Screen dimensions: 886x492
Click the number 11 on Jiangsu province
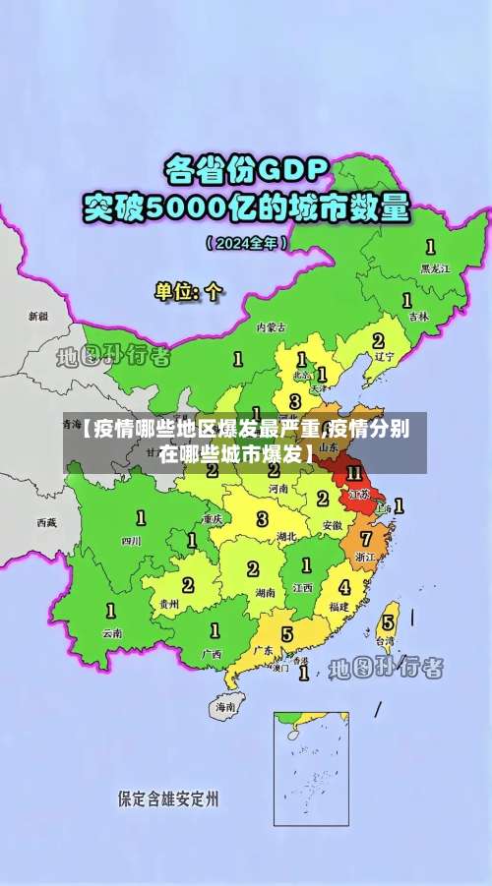coord(354,474)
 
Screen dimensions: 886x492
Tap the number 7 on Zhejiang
coord(366,539)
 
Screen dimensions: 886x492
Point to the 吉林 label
coord(419,317)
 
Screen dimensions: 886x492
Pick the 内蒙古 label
coord(271,326)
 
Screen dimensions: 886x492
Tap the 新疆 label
coord(37,317)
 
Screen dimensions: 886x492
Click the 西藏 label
coord(46,522)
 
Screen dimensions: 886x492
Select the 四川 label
coord(131,540)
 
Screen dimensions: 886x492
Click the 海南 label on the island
coord(226,706)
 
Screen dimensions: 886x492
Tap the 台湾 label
coord(388,640)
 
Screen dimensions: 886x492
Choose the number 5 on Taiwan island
coord(388,621)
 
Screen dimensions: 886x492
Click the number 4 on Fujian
coord(344,587)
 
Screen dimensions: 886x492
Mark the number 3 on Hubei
coord(262,518)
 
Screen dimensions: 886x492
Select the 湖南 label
coord(264,593)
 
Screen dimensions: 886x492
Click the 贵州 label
coord(169,604)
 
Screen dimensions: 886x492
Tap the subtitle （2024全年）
coord(246,242)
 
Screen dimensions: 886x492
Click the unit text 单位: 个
coord(190,291)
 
